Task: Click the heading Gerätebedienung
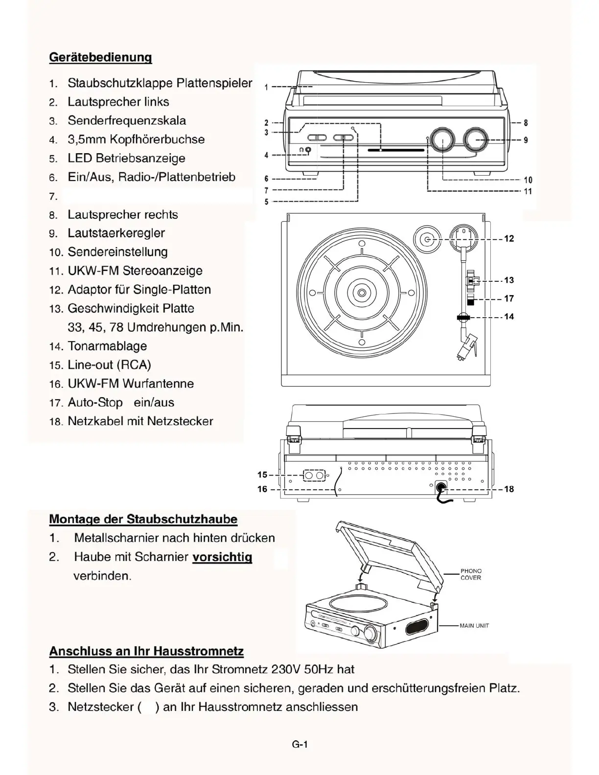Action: (x=100, y=57)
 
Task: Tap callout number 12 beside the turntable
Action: (x=509, y=239)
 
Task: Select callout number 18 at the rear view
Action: (x=509, y=489)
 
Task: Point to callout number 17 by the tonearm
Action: (x=509, y=298)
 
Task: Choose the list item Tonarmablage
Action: (x=107, y=346)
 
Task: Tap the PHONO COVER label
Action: (x=471, y=574)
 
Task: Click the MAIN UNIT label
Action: (x=474, y=626)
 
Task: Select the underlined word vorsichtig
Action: (x=222, y=557)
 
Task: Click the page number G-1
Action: (x=299, y=745)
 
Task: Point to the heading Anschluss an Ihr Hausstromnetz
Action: (x=146, y=651)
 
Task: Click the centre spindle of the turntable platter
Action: (x=361, y=293)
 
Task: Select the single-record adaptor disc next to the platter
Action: (x=427, y=239)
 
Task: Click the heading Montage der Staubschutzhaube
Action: (x=143, y=519)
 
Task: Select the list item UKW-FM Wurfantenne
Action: (x=131, y=384)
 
